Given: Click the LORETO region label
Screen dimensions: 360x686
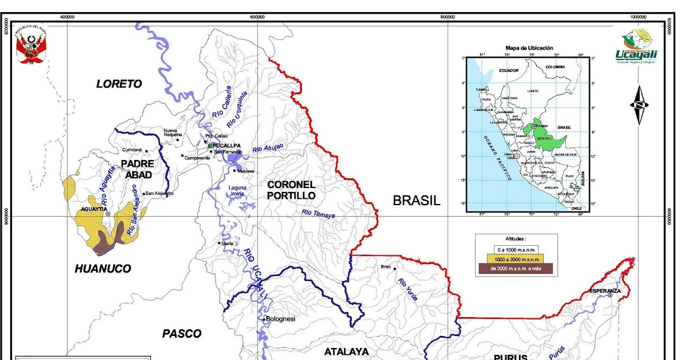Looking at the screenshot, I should pos(119,84).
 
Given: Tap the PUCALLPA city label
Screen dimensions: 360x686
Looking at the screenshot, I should pos(228,146).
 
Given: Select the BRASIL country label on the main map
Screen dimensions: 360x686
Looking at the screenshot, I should pos(416,201).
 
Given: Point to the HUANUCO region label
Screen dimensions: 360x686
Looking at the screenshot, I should pos(103,269).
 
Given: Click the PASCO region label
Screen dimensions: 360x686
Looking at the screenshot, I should pos(182,334).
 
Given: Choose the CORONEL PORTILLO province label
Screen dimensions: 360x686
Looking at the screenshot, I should pos(291,190).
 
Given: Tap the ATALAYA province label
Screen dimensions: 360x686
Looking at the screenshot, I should pos(346,352).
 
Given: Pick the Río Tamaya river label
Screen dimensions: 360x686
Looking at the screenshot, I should pos(318,214).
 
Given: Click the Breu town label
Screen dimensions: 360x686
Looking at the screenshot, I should pos(385,267).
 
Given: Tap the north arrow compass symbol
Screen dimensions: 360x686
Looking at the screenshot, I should pos(638,105).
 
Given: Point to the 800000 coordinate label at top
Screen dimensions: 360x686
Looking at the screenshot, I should pos(448,17).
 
